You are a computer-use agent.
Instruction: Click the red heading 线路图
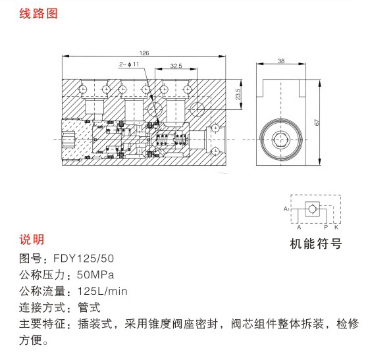coord(38,13)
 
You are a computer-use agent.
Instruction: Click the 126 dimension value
coord(144,53)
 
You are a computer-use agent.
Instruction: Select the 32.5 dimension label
coord(176,66)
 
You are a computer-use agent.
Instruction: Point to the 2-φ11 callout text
coord(129,64)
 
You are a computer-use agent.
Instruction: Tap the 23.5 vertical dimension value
coord(238,94)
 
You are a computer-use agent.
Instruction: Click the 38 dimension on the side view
coord(281,61)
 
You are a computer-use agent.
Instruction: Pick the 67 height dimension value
coord(317,122)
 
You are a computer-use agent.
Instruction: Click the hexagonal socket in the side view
coord(280,140)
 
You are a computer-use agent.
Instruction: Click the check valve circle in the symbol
coord(312,209)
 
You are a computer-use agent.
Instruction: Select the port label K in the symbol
coord(336,227)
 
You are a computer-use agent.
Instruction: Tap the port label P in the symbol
coord(326,227)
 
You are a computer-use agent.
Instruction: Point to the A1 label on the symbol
coord(286,209)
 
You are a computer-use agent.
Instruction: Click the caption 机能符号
coord(315,244)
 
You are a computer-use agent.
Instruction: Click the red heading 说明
coord(32,240)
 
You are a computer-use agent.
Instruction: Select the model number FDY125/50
coord(84,259)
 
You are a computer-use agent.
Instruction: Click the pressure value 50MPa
coord(95,275)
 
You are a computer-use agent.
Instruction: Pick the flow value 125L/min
coord(103,292)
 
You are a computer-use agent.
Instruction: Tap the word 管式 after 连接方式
coord(89,307)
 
